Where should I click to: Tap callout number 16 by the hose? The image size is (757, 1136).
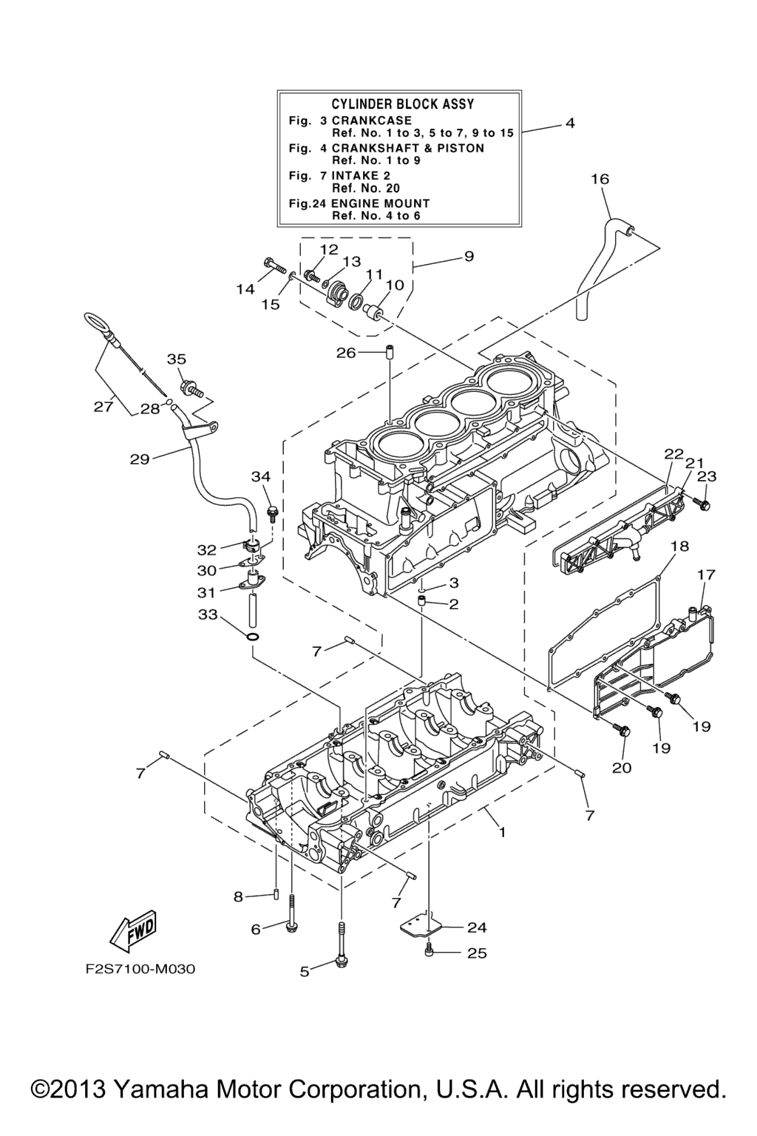(x=600, y=178)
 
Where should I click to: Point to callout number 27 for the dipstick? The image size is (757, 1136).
(x=103, y=406)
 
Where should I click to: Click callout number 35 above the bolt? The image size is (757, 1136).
(x=176, y=359)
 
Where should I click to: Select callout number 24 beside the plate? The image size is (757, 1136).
(x=477, y=927)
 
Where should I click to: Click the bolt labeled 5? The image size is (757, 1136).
(x=341, y=961)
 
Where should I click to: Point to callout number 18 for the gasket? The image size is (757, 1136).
(x=679, y=546)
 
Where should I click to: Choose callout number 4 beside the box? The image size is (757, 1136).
(x=569, y=123)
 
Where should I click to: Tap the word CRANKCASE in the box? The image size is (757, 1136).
(x=372, y=121)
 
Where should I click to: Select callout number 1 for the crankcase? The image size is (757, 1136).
(x=501, y=832)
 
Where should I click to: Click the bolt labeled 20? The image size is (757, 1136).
(x=622, y=731)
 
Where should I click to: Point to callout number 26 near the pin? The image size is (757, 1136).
(x=346, y=353)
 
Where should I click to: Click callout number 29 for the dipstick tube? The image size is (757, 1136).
(x=139, y=459)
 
